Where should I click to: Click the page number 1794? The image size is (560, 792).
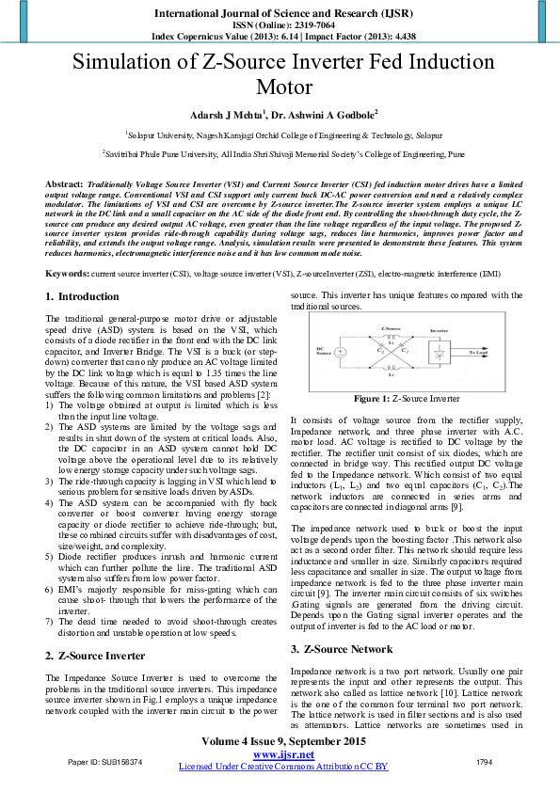tap(485, 761)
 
